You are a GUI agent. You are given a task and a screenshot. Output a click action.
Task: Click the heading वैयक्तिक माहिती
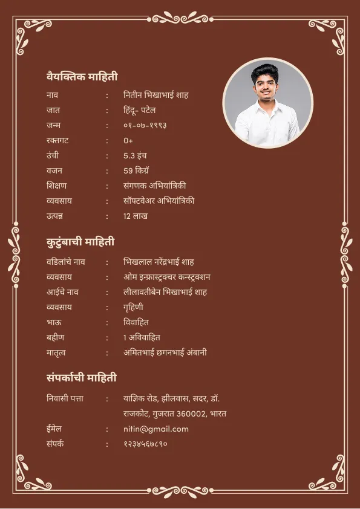[82, 77]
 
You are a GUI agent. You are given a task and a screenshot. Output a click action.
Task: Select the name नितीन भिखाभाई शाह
[156, 96]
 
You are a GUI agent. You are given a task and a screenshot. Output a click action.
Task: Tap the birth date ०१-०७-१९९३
[145, 126]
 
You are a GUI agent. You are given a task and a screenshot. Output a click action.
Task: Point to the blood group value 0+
[128, 141]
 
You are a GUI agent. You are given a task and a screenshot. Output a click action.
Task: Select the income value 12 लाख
[136, 216]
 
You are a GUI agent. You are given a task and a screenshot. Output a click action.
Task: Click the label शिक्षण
[56, 186]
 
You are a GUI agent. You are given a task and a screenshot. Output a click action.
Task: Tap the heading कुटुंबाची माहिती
[80, 242]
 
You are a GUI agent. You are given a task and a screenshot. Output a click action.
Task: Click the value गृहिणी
[133, 307]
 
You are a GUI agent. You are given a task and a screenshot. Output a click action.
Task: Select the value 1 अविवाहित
[142, 337]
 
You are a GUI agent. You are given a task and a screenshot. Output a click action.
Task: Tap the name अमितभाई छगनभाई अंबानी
[165, 352]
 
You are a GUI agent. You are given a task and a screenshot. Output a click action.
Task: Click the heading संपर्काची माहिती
[81, 378]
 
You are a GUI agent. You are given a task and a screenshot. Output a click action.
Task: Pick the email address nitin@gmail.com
[156, 429]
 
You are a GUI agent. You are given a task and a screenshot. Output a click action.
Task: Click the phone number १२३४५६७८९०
[145, 444]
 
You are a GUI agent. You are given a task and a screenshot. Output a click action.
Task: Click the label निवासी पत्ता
[65, 399]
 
